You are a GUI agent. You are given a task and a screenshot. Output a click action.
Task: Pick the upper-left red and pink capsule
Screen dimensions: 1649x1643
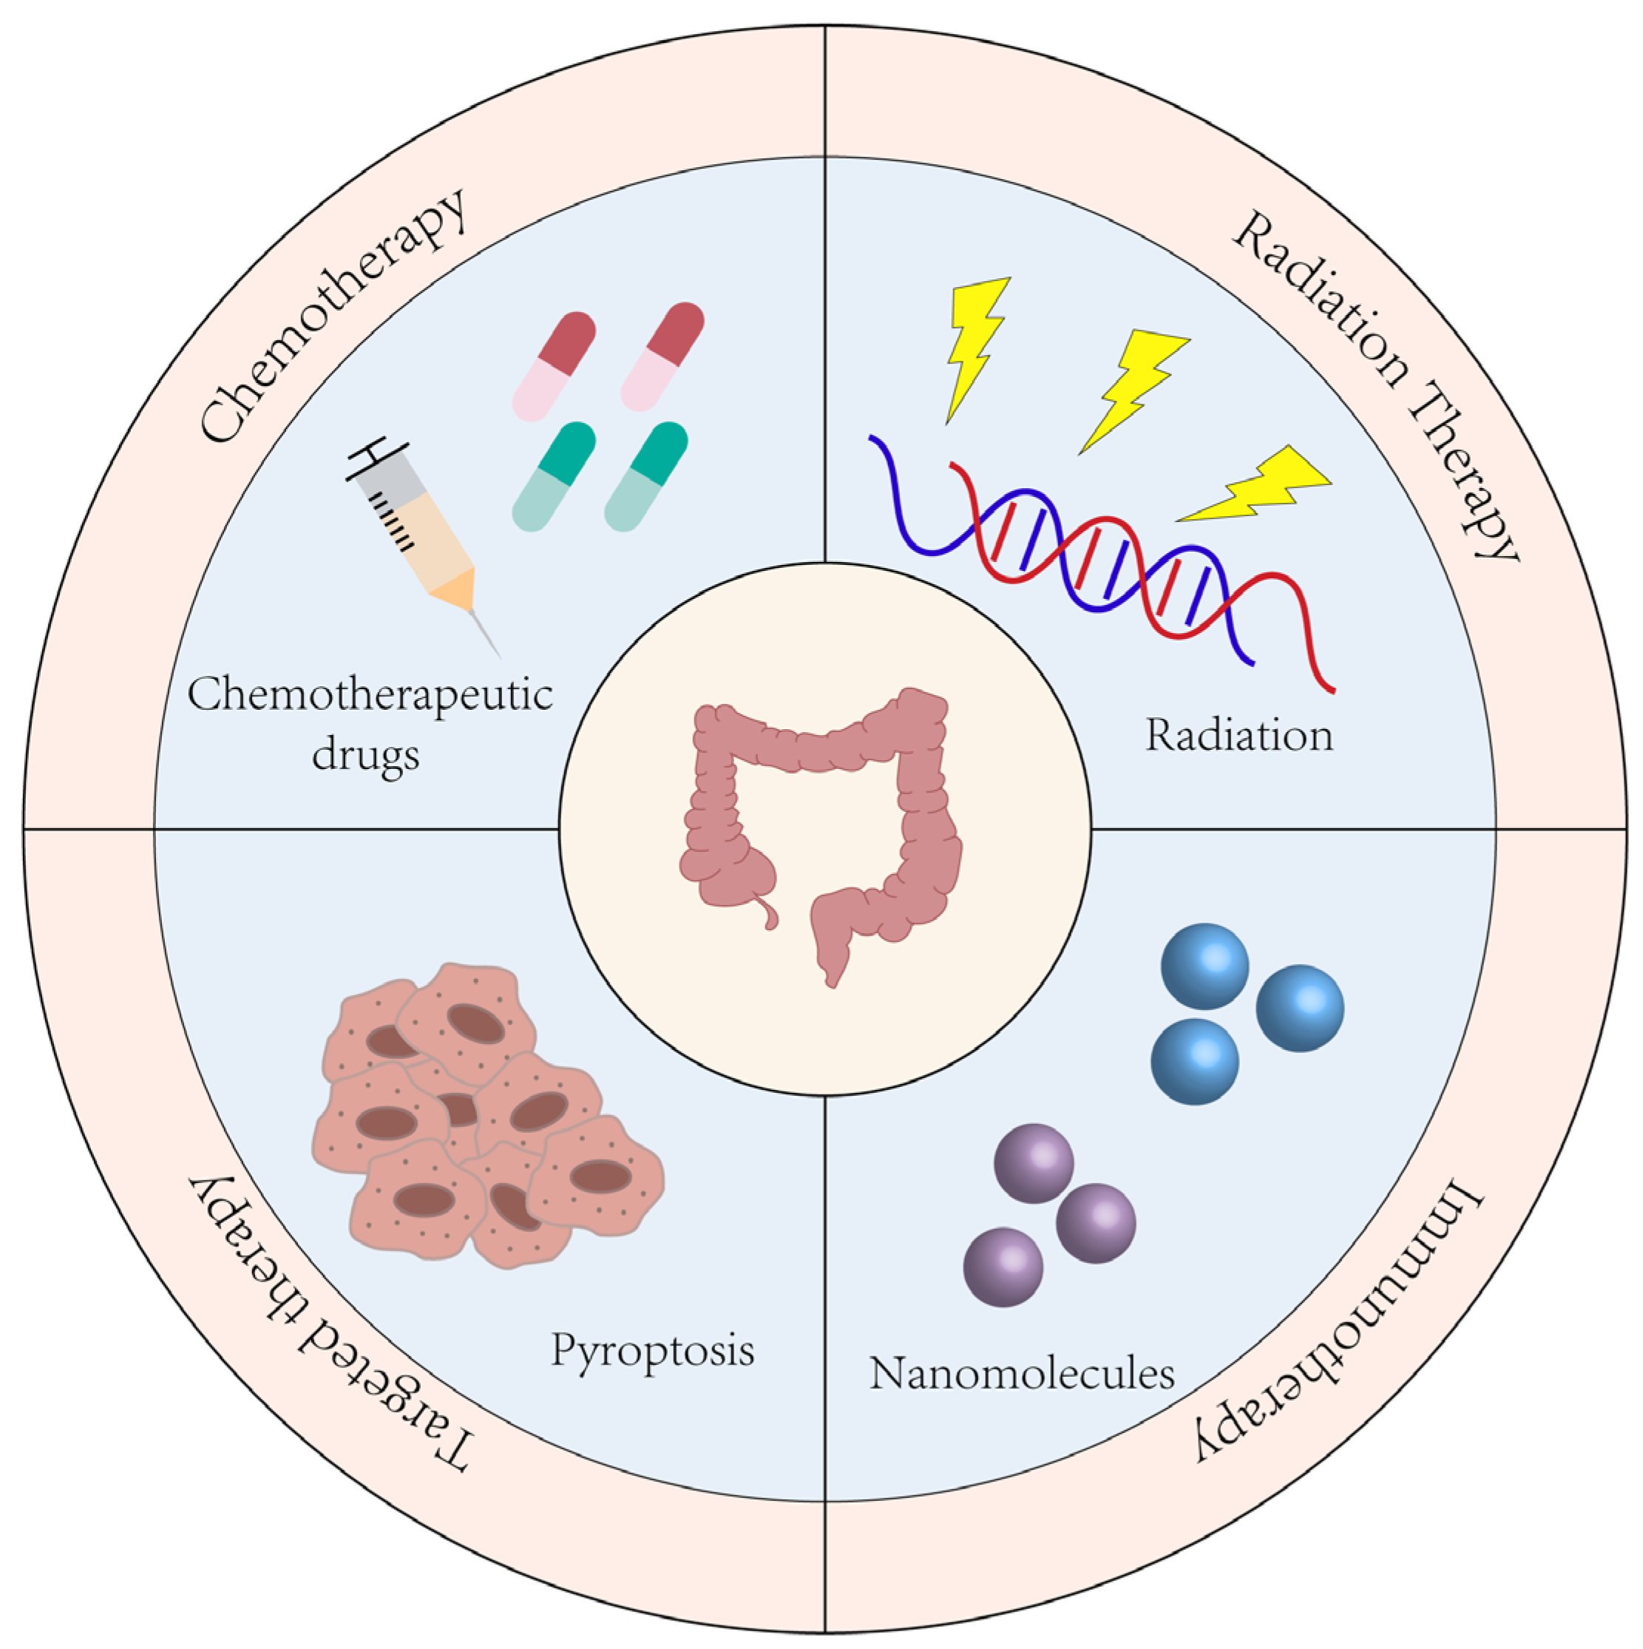coord(555,365)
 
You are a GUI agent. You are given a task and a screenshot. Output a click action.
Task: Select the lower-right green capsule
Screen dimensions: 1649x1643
coord(646,476)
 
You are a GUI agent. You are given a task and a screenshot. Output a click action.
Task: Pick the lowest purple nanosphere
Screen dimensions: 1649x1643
coord(1003,1267)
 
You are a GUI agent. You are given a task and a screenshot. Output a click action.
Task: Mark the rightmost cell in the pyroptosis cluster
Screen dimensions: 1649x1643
coord(597,1178)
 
